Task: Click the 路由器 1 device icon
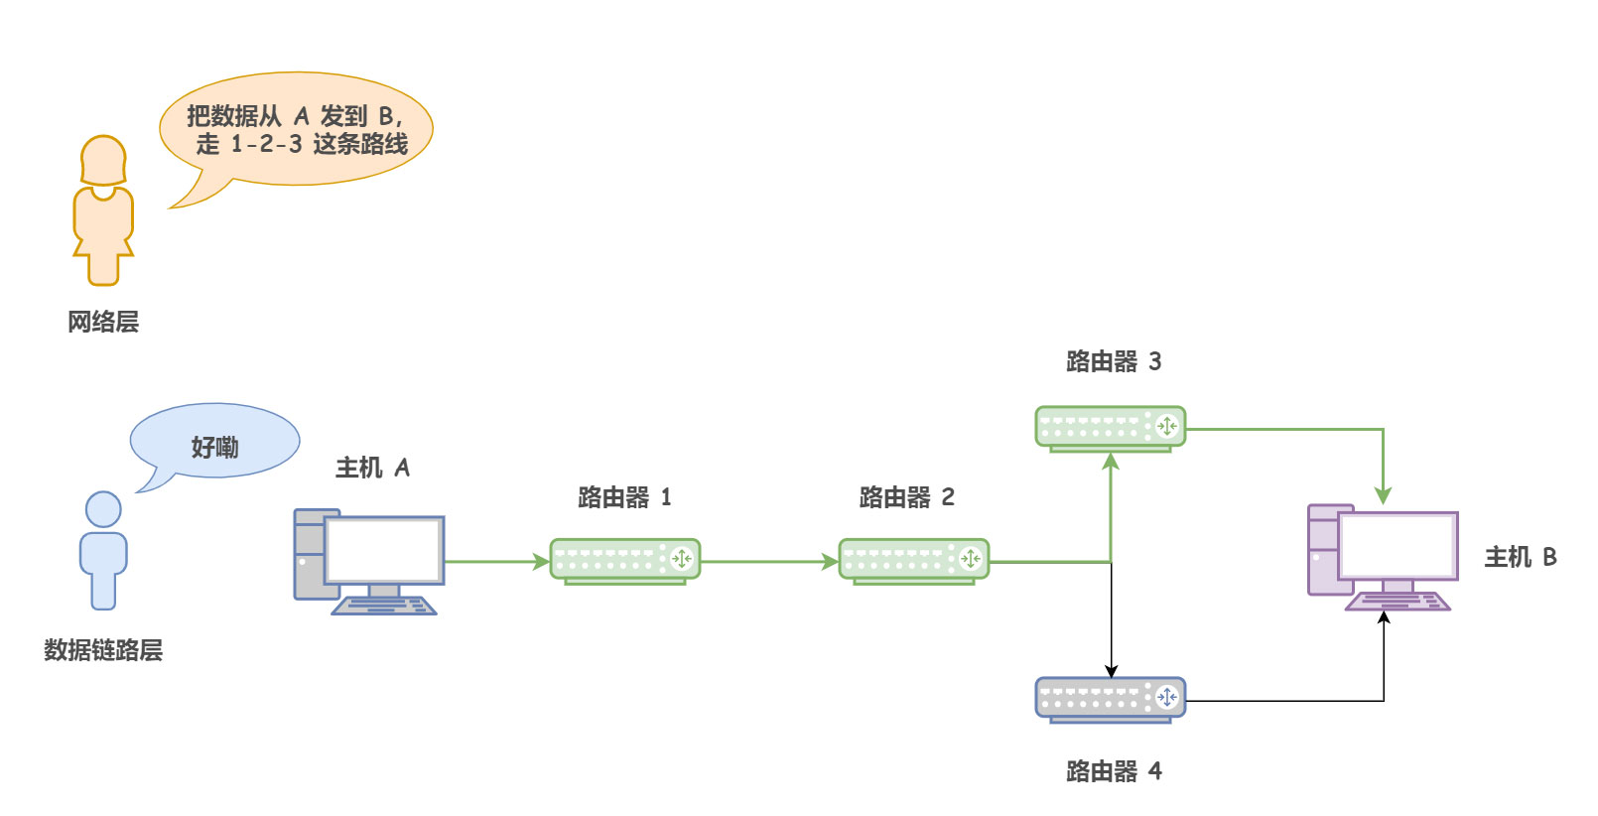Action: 625,560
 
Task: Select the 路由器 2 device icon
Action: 914,560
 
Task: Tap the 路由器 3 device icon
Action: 1110,427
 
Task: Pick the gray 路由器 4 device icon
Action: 1110,698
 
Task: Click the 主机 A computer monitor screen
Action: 384,550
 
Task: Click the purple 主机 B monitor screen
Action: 1398,545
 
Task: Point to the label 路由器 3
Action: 1113,361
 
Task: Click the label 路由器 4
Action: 1113,771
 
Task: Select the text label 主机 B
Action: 1520,557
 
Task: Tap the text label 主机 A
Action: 372,468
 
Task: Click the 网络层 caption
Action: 103,322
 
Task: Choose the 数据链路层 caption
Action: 103,650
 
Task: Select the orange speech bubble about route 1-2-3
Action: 298,129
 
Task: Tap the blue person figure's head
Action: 103,509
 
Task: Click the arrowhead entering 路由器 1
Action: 542,562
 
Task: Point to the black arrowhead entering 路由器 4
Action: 1112,671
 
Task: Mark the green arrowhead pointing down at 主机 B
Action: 1383,495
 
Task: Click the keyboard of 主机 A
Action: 384,606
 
